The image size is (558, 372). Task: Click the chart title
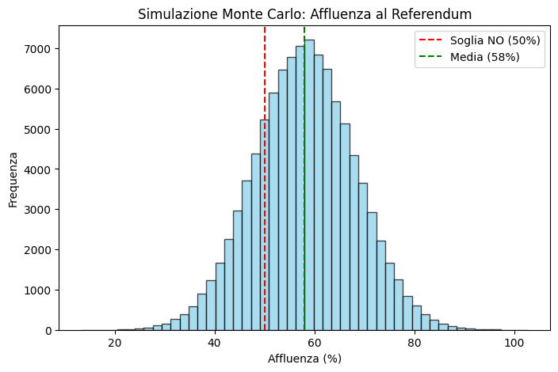click(x=304, y=14)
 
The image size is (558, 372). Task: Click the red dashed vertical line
click(x=265, y=79)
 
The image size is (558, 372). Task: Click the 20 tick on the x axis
click(x=115, y=342)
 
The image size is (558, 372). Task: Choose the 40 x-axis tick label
click(x=215, y=342)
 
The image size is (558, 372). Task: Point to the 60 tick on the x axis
click(x=315, y=342)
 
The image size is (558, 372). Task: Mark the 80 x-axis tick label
click(x=414, y=342)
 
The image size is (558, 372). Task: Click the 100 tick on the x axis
click(x=514, y=342)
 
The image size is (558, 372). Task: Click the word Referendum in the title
click(x=437, y=14)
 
